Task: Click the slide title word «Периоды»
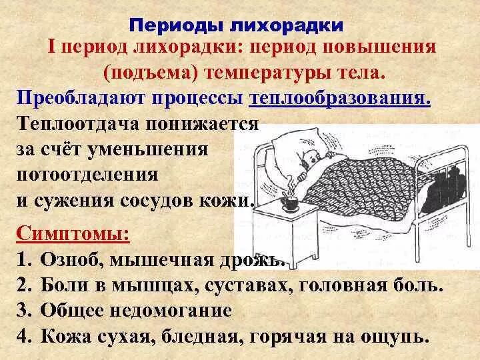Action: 173,26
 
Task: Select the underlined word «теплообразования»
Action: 339,99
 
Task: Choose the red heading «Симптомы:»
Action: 73,233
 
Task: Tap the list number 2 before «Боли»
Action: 23,285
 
